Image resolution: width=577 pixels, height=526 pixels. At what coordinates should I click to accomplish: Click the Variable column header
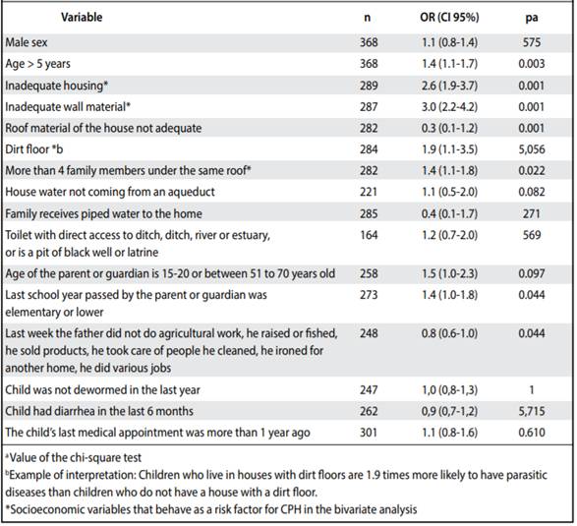(82, 18)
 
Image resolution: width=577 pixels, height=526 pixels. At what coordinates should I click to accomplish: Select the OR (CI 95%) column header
(449, 18)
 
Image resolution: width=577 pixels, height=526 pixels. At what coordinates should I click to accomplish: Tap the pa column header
(532, 18)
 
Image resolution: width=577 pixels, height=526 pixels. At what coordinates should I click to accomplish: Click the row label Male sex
(27, 42)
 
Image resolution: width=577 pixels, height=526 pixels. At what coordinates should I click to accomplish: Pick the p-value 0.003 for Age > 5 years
(532, 64)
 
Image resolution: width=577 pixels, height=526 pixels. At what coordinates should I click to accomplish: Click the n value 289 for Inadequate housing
(369, 86)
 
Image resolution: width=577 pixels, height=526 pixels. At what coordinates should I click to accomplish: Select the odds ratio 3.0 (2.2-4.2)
(449, 107)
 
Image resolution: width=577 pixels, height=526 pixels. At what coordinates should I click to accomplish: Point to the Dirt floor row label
(34, 149)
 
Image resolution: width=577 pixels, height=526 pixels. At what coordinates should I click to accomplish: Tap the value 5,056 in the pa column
(532, 149)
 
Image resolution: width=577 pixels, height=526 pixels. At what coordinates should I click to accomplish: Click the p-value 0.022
(532, 171)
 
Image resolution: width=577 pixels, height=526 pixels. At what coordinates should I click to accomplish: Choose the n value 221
(369, 192)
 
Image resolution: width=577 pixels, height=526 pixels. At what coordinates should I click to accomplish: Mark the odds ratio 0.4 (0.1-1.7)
(449, 213)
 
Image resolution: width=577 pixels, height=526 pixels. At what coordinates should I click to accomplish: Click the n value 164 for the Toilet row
(369, 235)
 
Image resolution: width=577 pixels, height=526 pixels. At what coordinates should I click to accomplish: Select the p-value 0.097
(532, 273)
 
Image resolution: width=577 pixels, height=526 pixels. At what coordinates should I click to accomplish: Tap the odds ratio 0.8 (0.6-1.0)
(449, 333)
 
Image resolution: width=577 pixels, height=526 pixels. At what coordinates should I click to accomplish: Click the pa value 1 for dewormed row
(532, 389)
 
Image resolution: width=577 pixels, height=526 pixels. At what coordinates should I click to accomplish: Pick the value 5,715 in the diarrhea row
(532, 411)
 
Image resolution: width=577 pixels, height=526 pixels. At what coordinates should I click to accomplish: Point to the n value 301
(369, 433)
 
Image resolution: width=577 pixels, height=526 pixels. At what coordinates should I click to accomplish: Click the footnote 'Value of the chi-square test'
(73, 457)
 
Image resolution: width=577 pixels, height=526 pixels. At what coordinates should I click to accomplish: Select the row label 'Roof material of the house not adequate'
(103, 128)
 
